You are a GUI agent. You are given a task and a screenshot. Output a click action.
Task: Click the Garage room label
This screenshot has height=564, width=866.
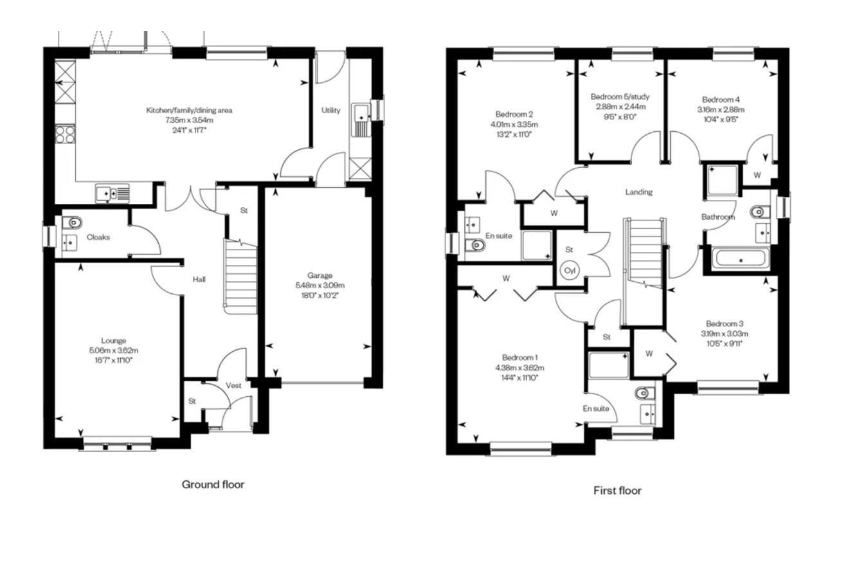(x=320, y=275)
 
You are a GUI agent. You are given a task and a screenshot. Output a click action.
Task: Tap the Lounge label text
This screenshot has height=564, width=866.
(x=114, y=341)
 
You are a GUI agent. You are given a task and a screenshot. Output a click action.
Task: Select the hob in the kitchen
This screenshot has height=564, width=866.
(x=65, y=134)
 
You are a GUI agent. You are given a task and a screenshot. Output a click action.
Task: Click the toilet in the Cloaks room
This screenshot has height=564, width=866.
(x=73, y=223)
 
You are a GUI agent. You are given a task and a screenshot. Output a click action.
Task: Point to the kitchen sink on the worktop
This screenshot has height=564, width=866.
(x=113, y=194)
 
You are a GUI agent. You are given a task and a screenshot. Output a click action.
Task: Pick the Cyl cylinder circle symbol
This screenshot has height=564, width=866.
(x=570, y=270)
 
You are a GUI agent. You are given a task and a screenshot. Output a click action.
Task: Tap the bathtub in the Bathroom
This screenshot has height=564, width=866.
(x=741, y=258)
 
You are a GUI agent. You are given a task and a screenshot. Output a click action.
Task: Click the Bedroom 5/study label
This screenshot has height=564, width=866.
(x=620, y=96)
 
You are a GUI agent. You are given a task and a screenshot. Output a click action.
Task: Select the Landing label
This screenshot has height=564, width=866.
(x=638, y=192)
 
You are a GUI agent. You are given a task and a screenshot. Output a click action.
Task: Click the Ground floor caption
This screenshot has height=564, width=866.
(x=213, y=484)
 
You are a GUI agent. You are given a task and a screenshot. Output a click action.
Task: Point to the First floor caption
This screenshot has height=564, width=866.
(x=617, y=491)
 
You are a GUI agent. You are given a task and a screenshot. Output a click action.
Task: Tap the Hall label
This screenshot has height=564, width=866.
(x=199, y=279)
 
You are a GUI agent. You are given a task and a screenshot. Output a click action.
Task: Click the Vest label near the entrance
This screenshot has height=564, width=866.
(x=233, y=385)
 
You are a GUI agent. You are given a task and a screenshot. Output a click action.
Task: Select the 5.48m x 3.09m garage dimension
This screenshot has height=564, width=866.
(x=320, y=286)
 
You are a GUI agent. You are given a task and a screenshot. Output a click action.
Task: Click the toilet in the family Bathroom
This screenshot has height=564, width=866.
(x=760, y=212)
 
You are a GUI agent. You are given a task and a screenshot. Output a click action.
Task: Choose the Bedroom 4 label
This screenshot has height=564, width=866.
(x=721, y=100)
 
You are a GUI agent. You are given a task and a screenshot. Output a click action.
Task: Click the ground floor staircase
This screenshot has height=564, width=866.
(x=240, y=276)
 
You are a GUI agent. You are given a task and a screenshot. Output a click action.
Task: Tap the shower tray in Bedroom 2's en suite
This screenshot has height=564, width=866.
(x=537, y=246)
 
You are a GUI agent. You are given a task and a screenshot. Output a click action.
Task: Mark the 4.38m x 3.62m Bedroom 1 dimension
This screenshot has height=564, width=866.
(x=520, y=367)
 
